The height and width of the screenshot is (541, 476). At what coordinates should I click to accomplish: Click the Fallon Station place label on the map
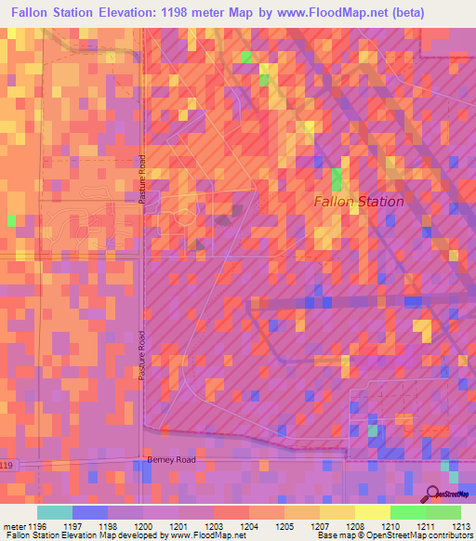[x=359, y=201]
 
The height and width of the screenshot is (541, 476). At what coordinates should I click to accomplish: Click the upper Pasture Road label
[x=143, y=181]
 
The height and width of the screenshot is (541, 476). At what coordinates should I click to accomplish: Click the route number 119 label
[x=7, y=465]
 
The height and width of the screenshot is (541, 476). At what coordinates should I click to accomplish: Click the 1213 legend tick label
[x=460, y=526]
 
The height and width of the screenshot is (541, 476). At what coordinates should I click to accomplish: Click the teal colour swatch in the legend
[x=54, y=512]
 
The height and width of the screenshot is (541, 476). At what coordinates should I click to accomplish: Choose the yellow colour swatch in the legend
[x=372, y=512]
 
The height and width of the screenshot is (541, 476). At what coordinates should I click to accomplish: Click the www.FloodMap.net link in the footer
[x=203, y=535]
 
